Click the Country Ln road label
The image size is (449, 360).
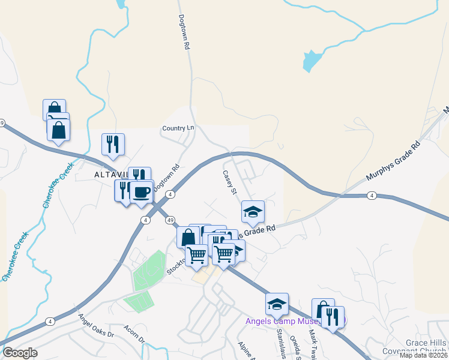pos(178,128)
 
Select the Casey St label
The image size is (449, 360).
pos(230,182)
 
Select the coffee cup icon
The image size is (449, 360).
pos(142,192)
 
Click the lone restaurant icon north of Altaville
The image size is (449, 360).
pos(113,144)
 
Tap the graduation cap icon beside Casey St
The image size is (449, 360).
pos(253,211)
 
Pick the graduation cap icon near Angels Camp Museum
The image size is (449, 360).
pos(277,304)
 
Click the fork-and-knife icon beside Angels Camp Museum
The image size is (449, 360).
pos(333,316)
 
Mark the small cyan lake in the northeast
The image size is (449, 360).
pos(311,61)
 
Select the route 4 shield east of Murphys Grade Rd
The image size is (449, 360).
pos(372,196)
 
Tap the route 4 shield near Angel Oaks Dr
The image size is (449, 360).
pos(49,322)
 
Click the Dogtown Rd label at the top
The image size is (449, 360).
pos(184,32)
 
